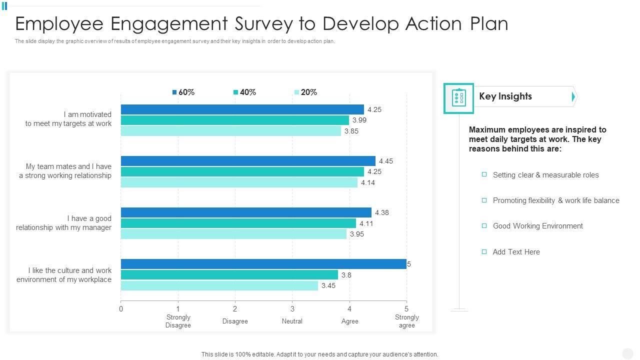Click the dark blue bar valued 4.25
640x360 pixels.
click(x=242, y=109)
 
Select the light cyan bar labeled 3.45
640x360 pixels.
click(x=219, y=285)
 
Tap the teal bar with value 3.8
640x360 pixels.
click(x=229, y=275)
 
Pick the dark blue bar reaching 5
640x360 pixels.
click(x=263, y=264)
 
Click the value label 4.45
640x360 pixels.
click(x=386, y=161)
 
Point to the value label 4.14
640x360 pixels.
click(x=368, y=182)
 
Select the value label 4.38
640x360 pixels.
click(x=382, y=212)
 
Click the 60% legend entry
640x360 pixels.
click(x=183, y=92)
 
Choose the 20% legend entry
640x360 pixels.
click(x=306, y=92)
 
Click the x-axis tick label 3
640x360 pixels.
click(x=292, y=309)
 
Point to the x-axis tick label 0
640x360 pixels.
click(x=121, y=309)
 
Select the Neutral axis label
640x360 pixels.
click(x=292, y=321)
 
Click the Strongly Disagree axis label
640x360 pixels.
click(x=178, y=321)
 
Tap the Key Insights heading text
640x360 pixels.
click(x=505, y=96)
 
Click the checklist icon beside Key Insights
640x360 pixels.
click(x=458, y=98)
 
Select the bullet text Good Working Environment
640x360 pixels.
click(x=538, y=226)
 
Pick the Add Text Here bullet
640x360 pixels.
click(x=516, y=252)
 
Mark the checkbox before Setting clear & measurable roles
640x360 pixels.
click(x=484, y=174)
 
